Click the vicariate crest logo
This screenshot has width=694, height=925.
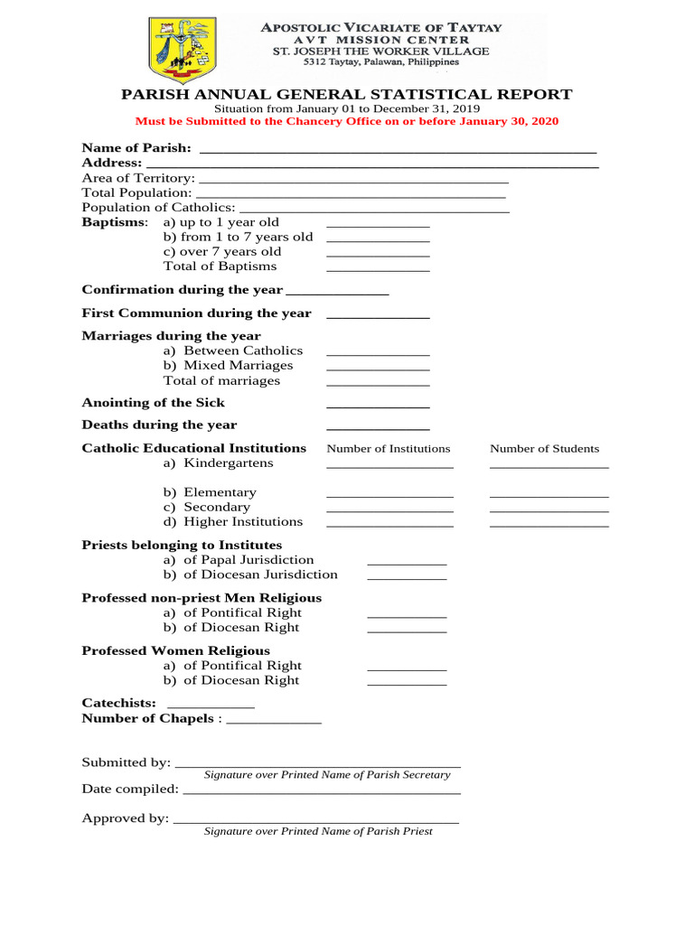[182, 51]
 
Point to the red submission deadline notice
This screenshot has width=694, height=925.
[347, 121]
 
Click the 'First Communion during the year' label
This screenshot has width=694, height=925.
[197, 313]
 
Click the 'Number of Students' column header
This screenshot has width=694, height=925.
[544, 449]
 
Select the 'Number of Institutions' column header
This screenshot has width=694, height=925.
[389, 449]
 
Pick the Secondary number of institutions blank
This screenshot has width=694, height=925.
[389, 510]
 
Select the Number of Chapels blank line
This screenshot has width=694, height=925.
[274, 722]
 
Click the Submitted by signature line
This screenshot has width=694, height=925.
[317, 766]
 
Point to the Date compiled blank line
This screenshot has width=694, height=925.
[322, 792]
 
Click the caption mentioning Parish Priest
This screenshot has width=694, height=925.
[318, 831]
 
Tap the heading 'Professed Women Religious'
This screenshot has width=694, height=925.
[176, 650]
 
